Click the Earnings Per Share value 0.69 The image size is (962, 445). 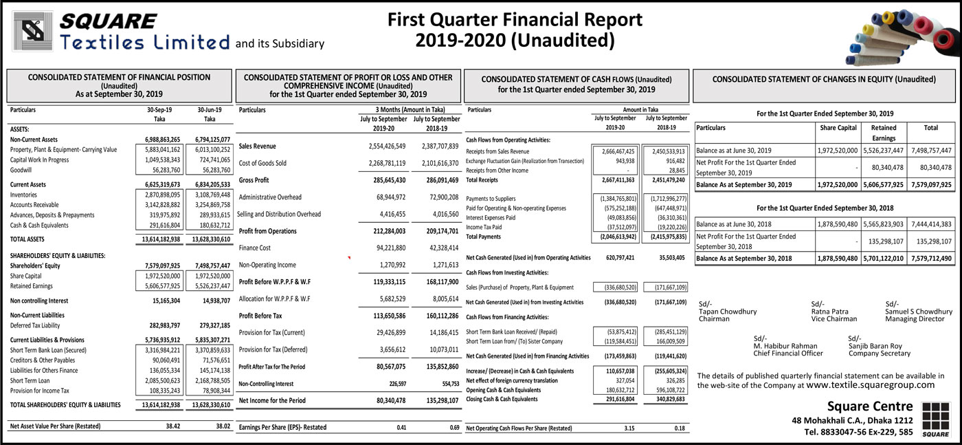(x=454, y=427)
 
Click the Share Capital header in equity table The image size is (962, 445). (x=838, y=128)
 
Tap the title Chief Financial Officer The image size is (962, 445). (x=787, y=354)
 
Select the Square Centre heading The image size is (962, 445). (x=870, y=406)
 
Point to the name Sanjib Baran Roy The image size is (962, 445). (x=875, y=346)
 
